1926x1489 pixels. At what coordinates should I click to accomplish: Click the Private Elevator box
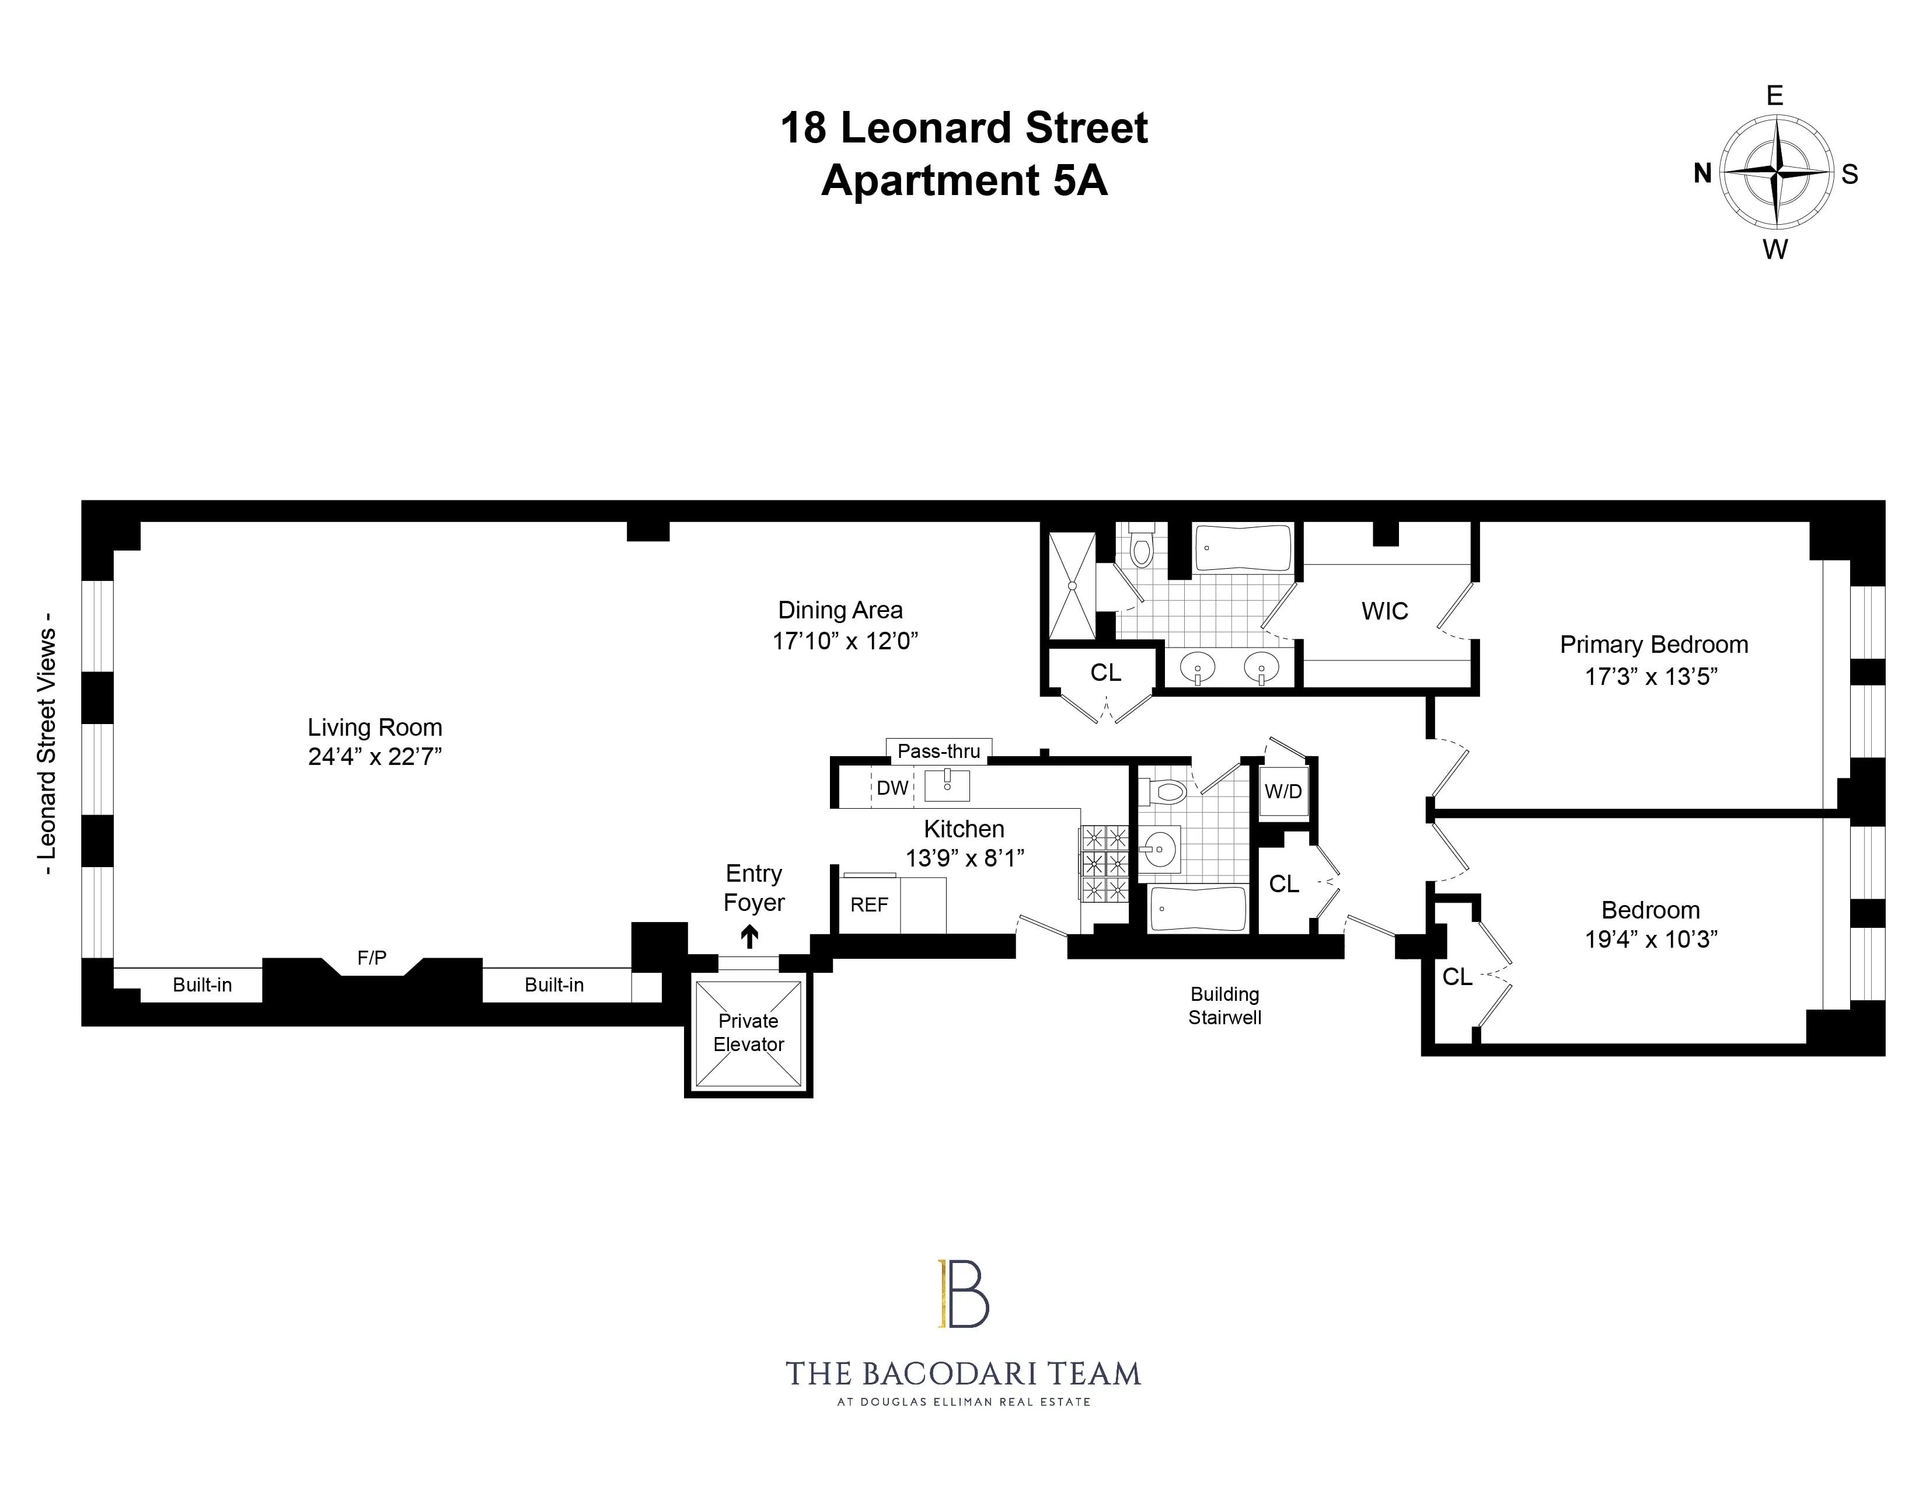click(x=748, y=1033)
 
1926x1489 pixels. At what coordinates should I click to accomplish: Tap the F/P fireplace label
click(x=371, y=958)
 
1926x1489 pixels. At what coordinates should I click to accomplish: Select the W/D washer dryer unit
click(x=1283, y=791)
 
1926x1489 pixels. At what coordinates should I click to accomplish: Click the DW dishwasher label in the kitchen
click(x=892, y=788)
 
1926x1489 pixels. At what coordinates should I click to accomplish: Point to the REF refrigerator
click(x=868, y=905)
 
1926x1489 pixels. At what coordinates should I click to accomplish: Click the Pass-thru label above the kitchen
click(x=938, y=752)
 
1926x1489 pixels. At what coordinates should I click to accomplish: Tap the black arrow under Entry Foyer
click(x=749, y=937)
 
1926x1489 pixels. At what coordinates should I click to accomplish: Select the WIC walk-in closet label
click(x=1384, y=611)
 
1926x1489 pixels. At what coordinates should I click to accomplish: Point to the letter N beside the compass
click(x=1702, y=174)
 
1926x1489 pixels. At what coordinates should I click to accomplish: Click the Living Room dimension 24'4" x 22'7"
click(x=375, y=757)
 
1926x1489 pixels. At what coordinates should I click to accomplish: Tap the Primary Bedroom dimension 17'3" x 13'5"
click(x=1651, y=677)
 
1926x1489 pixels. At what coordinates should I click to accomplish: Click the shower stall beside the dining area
click(x=1072, y=586)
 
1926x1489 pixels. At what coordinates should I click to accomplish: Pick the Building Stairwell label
click(x=1224, y=1006)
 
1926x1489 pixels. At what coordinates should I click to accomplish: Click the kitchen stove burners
click(x=1105, y=862)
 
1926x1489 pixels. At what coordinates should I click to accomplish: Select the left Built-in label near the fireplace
click(x=202, y=985)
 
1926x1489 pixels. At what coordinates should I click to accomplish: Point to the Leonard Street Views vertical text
click(x=46, y=746)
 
